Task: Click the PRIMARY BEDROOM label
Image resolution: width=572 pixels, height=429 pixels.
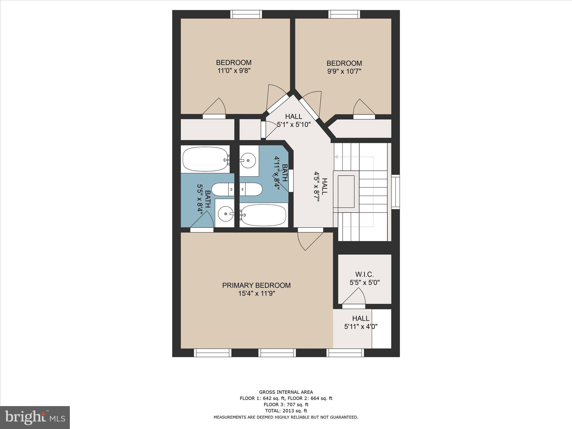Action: coord(256,285)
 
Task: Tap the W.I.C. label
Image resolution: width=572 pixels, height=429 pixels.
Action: coord(364,274)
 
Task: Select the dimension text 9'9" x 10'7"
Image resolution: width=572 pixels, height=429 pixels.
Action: coord(344,71)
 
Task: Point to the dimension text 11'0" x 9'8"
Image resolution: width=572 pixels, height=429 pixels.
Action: coord(234,71)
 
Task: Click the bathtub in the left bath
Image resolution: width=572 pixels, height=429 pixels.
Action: coord(205,159)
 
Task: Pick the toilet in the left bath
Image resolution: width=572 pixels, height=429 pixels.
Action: coord(223,190)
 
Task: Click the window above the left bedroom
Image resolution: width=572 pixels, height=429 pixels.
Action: coord(246,14)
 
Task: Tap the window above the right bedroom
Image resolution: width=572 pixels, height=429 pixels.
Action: coord(344,14)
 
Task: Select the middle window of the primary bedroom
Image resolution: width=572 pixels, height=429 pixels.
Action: coord(277,353)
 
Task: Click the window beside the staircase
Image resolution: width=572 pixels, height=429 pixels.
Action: coord(395,192)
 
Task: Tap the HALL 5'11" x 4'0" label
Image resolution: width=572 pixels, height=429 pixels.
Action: coord(361,322)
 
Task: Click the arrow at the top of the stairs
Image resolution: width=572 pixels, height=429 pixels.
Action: coord(336,157)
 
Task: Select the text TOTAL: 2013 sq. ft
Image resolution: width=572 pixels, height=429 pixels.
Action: coord(286,411)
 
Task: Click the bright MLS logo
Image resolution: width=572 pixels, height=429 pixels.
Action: coord(35,418)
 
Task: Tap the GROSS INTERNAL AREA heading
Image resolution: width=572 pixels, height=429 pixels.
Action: coord(286,392)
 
